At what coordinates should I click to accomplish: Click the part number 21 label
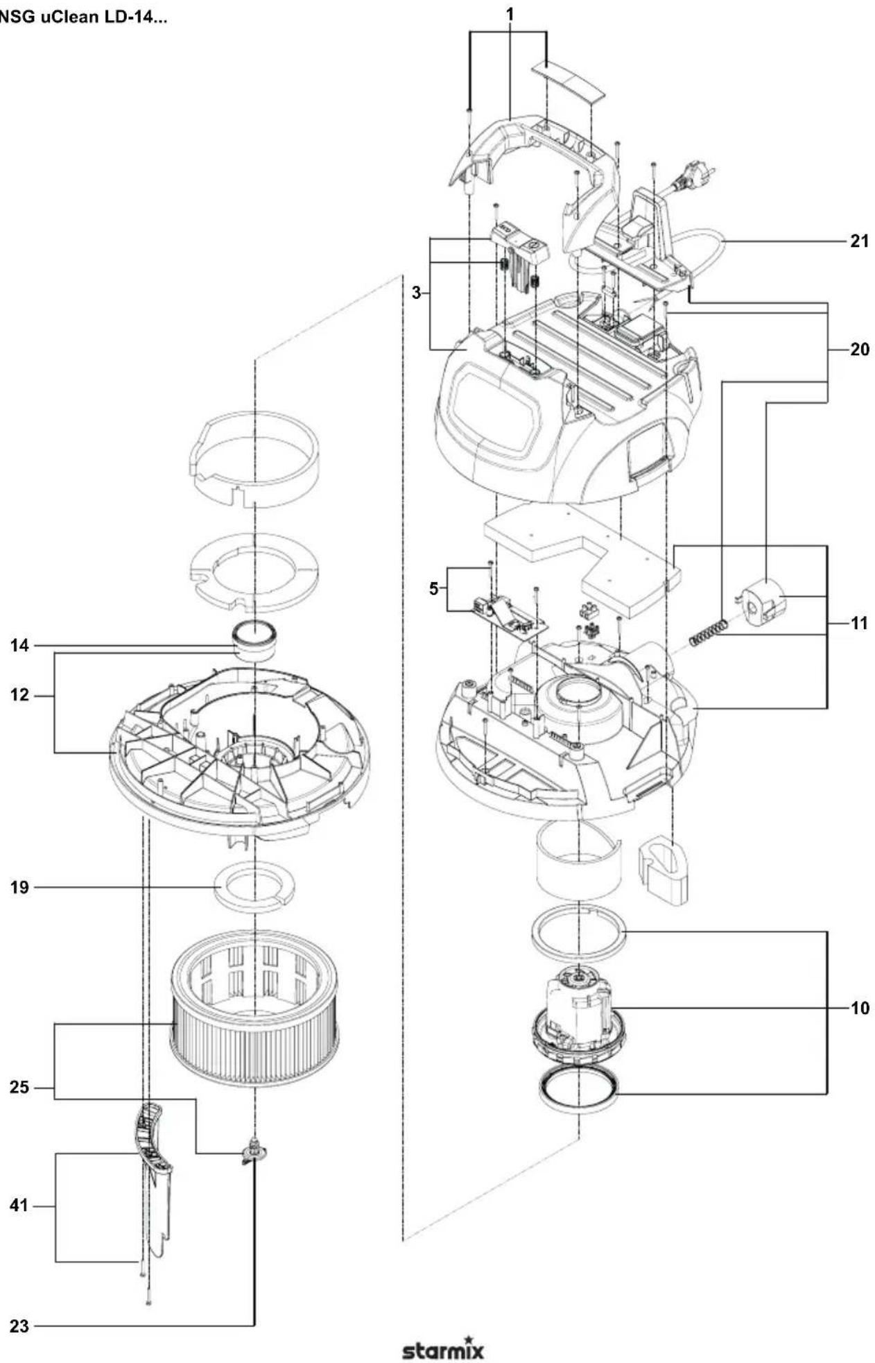coord(858,241)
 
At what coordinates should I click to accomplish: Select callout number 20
coord(858,349)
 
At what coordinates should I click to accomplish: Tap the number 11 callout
coord(858,624)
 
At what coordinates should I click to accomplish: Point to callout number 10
coord(858,1008)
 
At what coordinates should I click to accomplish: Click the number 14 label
coord(19,646)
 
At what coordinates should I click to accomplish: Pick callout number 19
coord(19,887)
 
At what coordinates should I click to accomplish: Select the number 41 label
coord(19,1206)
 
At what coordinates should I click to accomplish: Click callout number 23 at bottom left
coord(19,1326)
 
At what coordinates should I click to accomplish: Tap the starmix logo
coord(443,1349)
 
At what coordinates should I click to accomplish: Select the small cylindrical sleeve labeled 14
coord(254,642)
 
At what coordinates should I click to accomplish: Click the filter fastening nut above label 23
coord(254,1151)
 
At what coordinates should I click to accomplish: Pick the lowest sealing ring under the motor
coord(578,1090)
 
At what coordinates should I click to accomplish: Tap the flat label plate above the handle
coord(569,79)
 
